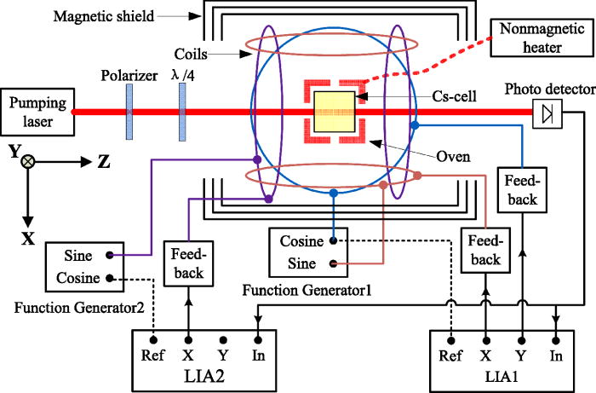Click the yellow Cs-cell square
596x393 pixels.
pos(335,112)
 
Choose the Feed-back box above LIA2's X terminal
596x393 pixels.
pos(185,260)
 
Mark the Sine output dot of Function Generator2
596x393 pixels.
pos(110,255)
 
